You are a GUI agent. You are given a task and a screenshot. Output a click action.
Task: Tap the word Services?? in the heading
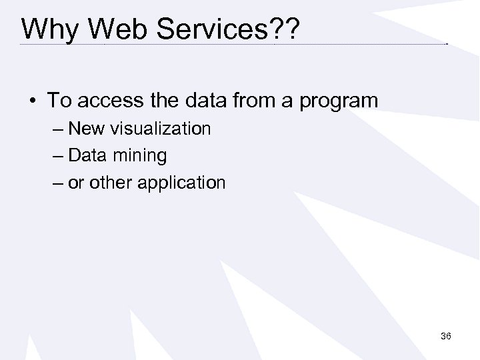tap(221, 29)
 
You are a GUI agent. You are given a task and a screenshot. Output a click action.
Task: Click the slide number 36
tap(446, 337)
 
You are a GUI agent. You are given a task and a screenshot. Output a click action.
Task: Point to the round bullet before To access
tap(33, 101)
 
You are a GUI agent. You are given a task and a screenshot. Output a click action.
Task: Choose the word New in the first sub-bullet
tap(83, 129)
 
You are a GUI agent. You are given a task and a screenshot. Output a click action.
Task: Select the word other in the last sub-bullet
tap(109, 182)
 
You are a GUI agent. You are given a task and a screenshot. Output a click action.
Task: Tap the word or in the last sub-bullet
tap(75, 183)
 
